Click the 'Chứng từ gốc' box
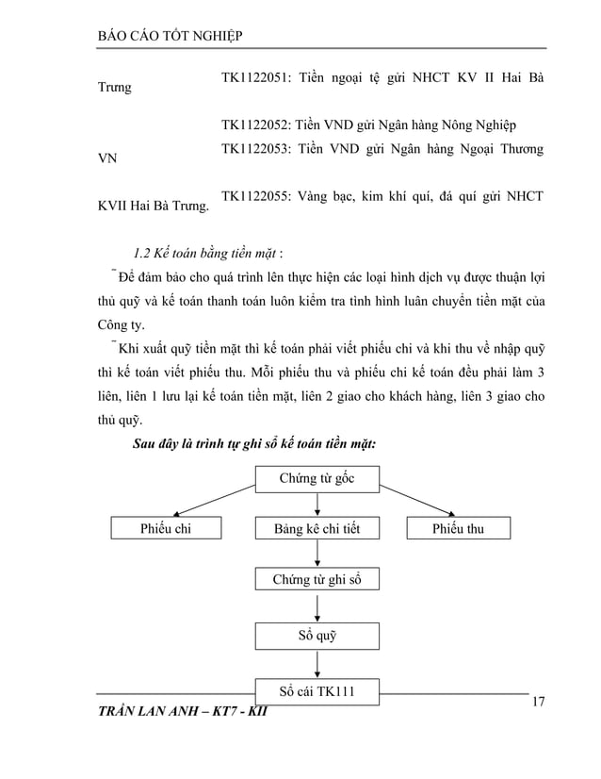317,479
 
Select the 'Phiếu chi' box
166,528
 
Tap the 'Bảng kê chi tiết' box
317,528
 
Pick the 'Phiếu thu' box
458,528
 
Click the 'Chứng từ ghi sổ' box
317,579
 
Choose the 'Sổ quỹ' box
317,636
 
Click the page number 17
539,702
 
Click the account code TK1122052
253,124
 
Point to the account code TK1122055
253,197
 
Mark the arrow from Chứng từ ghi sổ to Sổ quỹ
317,607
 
